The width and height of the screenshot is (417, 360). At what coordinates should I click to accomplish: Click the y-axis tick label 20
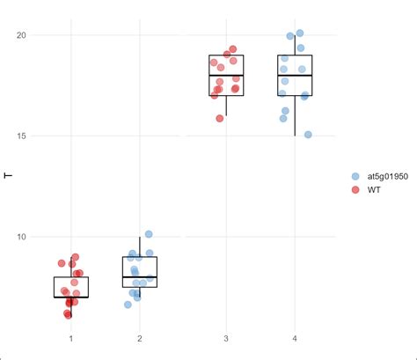24,35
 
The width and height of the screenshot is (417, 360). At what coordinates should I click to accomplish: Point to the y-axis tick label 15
24,136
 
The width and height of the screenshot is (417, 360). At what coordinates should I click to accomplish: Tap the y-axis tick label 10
24,237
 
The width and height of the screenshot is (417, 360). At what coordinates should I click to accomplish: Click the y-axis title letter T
8,176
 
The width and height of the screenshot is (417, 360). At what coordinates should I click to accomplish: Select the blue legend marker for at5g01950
355,176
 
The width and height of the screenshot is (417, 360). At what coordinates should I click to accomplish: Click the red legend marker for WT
355,190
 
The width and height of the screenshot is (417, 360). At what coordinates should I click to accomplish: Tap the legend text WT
374,190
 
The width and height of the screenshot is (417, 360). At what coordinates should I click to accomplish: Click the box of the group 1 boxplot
70,288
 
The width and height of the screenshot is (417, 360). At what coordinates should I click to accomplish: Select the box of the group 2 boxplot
140,272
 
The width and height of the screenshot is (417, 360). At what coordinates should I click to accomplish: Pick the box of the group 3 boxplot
226,76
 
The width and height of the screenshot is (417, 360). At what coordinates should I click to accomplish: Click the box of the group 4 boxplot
295,76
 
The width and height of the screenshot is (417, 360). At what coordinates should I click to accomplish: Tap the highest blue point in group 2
149,234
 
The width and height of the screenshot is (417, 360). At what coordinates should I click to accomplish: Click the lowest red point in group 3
220,118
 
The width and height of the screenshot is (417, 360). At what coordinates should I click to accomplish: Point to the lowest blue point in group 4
308,135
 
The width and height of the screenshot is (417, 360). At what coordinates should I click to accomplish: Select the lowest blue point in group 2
128,305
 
